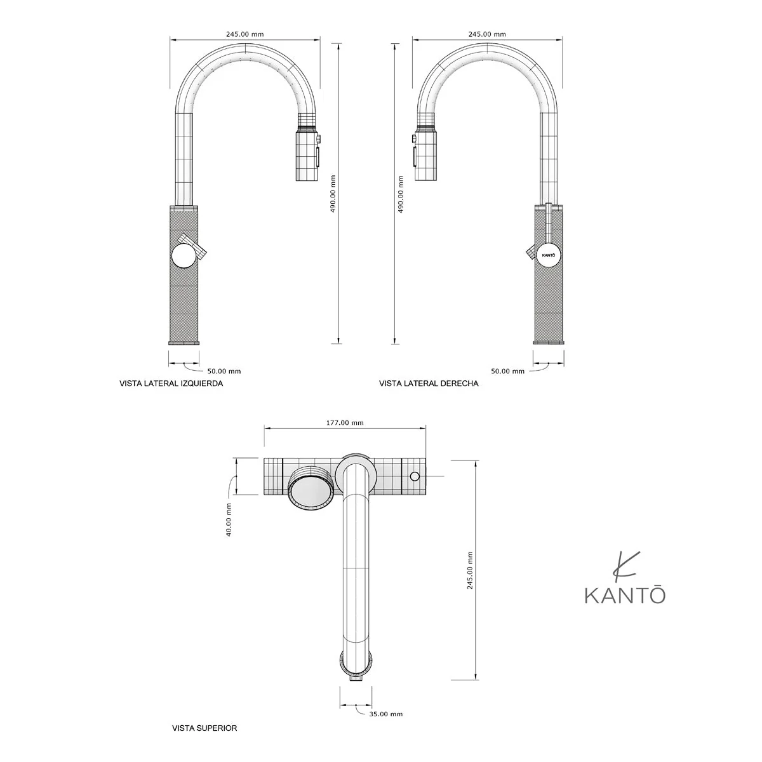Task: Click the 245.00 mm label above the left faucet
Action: pos(244,34)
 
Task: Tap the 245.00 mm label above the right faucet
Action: pos(487,34)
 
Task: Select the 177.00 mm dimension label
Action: pos(345,423)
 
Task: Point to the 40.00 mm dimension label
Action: pos(229,519)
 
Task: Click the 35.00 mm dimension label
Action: pos(385,714)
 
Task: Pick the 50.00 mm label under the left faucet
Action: pos(224,371)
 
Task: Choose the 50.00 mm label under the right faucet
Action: pos(508,371)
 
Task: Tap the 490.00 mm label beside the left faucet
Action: pos(333,194)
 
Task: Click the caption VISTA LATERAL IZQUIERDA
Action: pos(171,384)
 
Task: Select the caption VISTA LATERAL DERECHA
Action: pos(429,384)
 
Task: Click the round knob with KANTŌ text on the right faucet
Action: pos(549,255)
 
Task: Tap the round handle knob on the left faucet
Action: pos(184,256)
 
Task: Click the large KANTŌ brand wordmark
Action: pos(625,597)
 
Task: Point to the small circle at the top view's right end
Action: pos(415,476)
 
